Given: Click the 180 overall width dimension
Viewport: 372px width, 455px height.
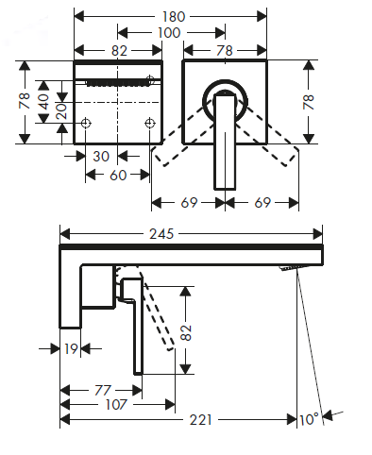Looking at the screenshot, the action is pyautogui.click(x=174, y=16).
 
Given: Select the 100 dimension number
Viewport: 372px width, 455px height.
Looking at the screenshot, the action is pyautogui.click(x=169, y=33).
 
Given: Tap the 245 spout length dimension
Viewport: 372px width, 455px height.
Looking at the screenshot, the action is pyautogui.click(x=161, y=234).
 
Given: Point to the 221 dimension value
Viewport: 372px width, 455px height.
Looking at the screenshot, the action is pyautogui.click(x=201, y=420).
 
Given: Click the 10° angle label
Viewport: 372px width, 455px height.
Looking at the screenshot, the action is pyautogui.click(x=309, y=420).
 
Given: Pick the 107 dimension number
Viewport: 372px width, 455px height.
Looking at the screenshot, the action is pyautogui.click(x=116, y=405).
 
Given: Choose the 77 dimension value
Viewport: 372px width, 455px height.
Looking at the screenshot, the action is pyautogui.click(x=103, y=391).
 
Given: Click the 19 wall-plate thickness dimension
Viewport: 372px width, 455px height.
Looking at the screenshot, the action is pyautogui.click(x=71, y=348).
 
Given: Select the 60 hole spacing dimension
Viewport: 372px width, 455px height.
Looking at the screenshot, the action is pyautogui.click(x=118, y=175).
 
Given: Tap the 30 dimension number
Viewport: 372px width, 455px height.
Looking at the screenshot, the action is pyautogui.click(x=101, y=156).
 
